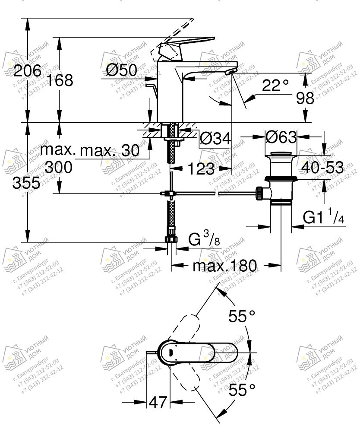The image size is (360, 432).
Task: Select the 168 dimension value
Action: pyautogui.click(x=60, y=80)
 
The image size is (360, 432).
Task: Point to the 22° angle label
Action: pyautogui.click(x=275, y=86)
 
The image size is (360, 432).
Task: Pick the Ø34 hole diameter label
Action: pyautogui.click(x=215, y=139)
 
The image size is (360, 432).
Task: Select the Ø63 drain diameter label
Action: pyautogui.click(x=281, y=138)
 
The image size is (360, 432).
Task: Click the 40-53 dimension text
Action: pyautogui.click(x=323, y=168)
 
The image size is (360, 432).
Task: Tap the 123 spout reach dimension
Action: pyautogui.click(x=201, y=168)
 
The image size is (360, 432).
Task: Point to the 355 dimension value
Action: pyautogui.click(x=26, y=183)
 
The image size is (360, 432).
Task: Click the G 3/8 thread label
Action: pyautogui.click(x=204, y=238)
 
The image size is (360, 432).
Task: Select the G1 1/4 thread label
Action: pyautogui.click(x=323, y=217)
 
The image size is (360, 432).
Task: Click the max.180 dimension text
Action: pyautogui.click(x=225, y=265)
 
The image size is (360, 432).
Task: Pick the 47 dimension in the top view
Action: pyautogui.click(x=158, y=403)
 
